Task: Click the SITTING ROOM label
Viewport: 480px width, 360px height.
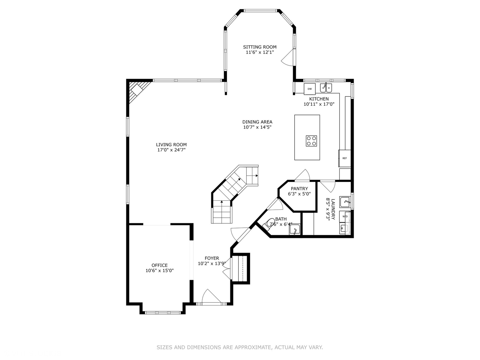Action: point(260,47)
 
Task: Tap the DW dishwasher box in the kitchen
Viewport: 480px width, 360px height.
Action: point(310,89)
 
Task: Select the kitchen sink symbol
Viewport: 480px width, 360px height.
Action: point(326,88)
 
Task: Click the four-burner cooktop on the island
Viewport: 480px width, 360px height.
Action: point(312,141)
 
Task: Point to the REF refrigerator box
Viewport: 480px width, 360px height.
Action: point(345,158)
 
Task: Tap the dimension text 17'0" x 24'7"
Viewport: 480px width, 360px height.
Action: point(171,150)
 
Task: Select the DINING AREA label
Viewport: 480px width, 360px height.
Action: point(257,122)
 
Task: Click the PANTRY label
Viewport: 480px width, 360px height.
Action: point(299,189)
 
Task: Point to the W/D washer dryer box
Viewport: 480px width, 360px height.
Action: point(345,216)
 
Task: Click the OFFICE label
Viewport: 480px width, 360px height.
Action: point(160,265)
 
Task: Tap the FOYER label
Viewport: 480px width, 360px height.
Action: point(212,258)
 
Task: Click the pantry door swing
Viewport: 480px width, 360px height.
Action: point(302,175)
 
